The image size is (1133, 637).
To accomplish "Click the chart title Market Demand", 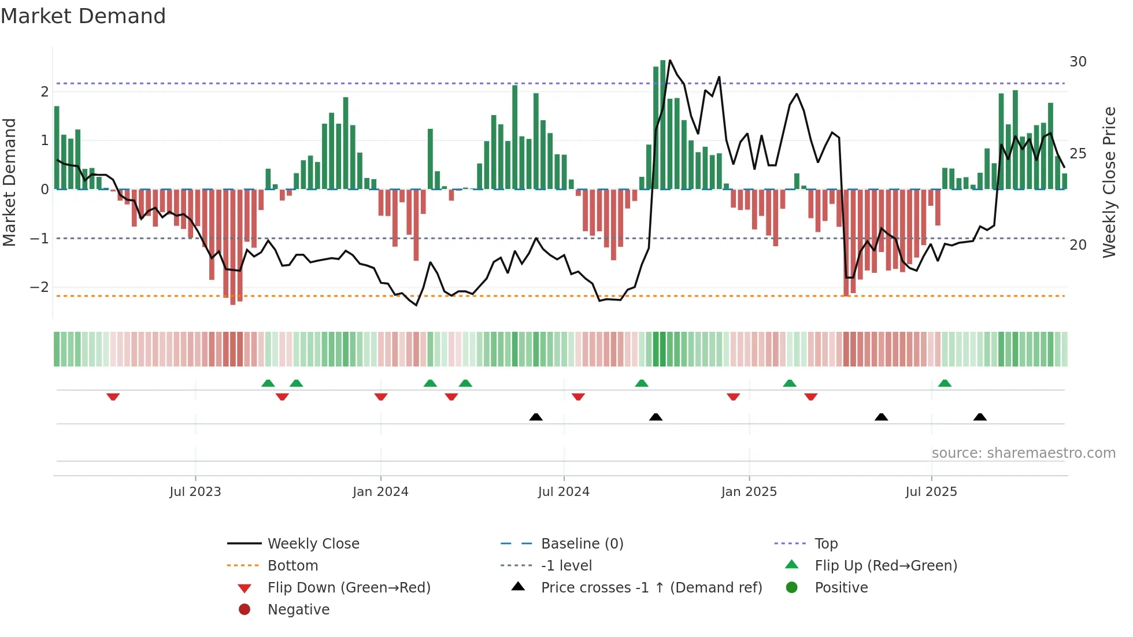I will coord(83,16).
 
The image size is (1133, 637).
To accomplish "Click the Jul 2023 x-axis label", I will coord(195,492).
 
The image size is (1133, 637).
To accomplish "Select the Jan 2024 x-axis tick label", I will coord(380,492).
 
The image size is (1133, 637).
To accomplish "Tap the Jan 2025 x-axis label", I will coord(749,492).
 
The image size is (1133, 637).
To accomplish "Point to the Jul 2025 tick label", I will coord(931,492).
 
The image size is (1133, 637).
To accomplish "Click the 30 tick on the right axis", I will coord(1078,62).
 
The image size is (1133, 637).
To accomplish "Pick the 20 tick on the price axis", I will coord(1078,245).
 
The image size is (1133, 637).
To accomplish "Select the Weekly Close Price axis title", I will coord(1109,182).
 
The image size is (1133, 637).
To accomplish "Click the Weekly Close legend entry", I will coord(313,544).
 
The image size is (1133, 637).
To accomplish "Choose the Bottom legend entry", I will coord(292,566).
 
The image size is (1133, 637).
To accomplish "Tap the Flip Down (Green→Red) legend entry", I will coord(349,588).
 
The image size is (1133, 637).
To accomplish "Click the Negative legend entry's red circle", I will coord(245,610).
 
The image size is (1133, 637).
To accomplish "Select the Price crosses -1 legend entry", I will coord(651,588).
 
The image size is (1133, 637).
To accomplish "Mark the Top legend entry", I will coord(826,544).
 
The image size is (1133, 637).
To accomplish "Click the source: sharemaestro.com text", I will coord(1023,453).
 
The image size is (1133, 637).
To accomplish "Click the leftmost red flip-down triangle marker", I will coord(113,397).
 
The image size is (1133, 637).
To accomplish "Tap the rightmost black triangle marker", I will coord(980,417).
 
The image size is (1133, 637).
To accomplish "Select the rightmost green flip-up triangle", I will coord(945,383).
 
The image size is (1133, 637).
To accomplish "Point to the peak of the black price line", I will coord(670,60).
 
